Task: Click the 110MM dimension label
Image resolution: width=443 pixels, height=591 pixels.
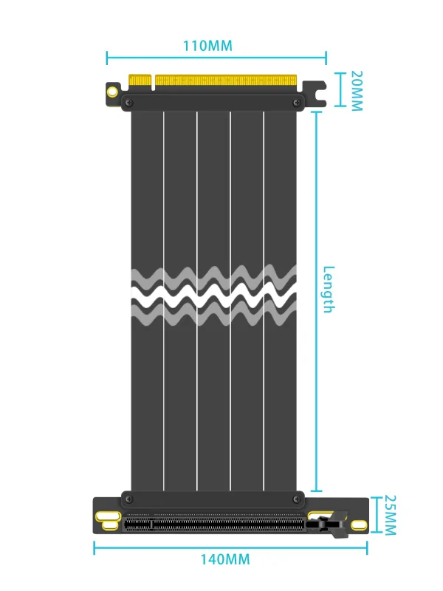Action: pyautogui.click(x=207, y=46)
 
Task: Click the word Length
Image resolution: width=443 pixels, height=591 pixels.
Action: pyautogui.click(x=329, y=289)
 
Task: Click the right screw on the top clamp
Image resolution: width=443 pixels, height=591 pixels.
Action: pyautogui.click(x=297, y=103)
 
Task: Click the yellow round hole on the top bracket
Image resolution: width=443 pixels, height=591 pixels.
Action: pyautogui.click(x=112, y=92)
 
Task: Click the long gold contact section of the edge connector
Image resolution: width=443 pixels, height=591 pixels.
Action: pyautogui.click(x=225, y=80)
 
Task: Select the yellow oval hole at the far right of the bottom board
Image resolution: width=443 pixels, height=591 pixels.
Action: pyautogui.click(x=358, y=525)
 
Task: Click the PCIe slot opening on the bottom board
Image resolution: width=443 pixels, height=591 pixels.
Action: pyautogui.click(x=214, y=525)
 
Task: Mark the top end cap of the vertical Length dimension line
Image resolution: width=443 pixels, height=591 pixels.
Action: pyautogui.click(x=317, y=112)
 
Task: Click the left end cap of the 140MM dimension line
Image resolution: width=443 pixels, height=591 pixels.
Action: pyautogui.click(x=95, y=547)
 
